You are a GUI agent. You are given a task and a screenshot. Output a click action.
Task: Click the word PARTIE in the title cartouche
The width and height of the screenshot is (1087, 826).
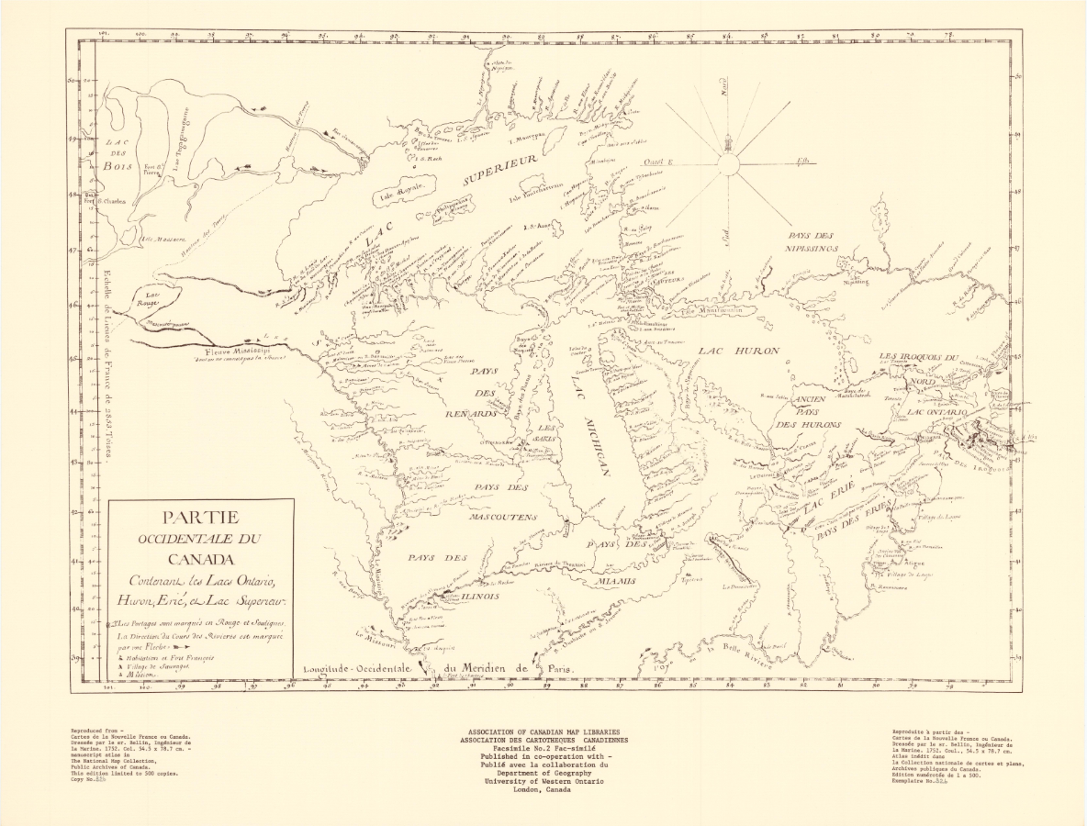[x=200, y=518]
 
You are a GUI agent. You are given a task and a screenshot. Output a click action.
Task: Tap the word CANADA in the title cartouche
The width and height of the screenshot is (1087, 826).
[x=200, y=559]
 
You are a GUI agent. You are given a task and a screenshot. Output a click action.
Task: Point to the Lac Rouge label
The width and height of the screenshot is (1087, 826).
[x=148, y=299]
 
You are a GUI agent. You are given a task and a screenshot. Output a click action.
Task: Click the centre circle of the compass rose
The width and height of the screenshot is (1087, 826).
[x=728, y=164]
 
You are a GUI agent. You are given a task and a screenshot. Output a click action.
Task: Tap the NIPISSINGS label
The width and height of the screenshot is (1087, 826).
[x=812, y=248]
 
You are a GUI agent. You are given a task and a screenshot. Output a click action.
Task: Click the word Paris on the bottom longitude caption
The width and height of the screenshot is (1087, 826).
[x=560, y=670]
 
